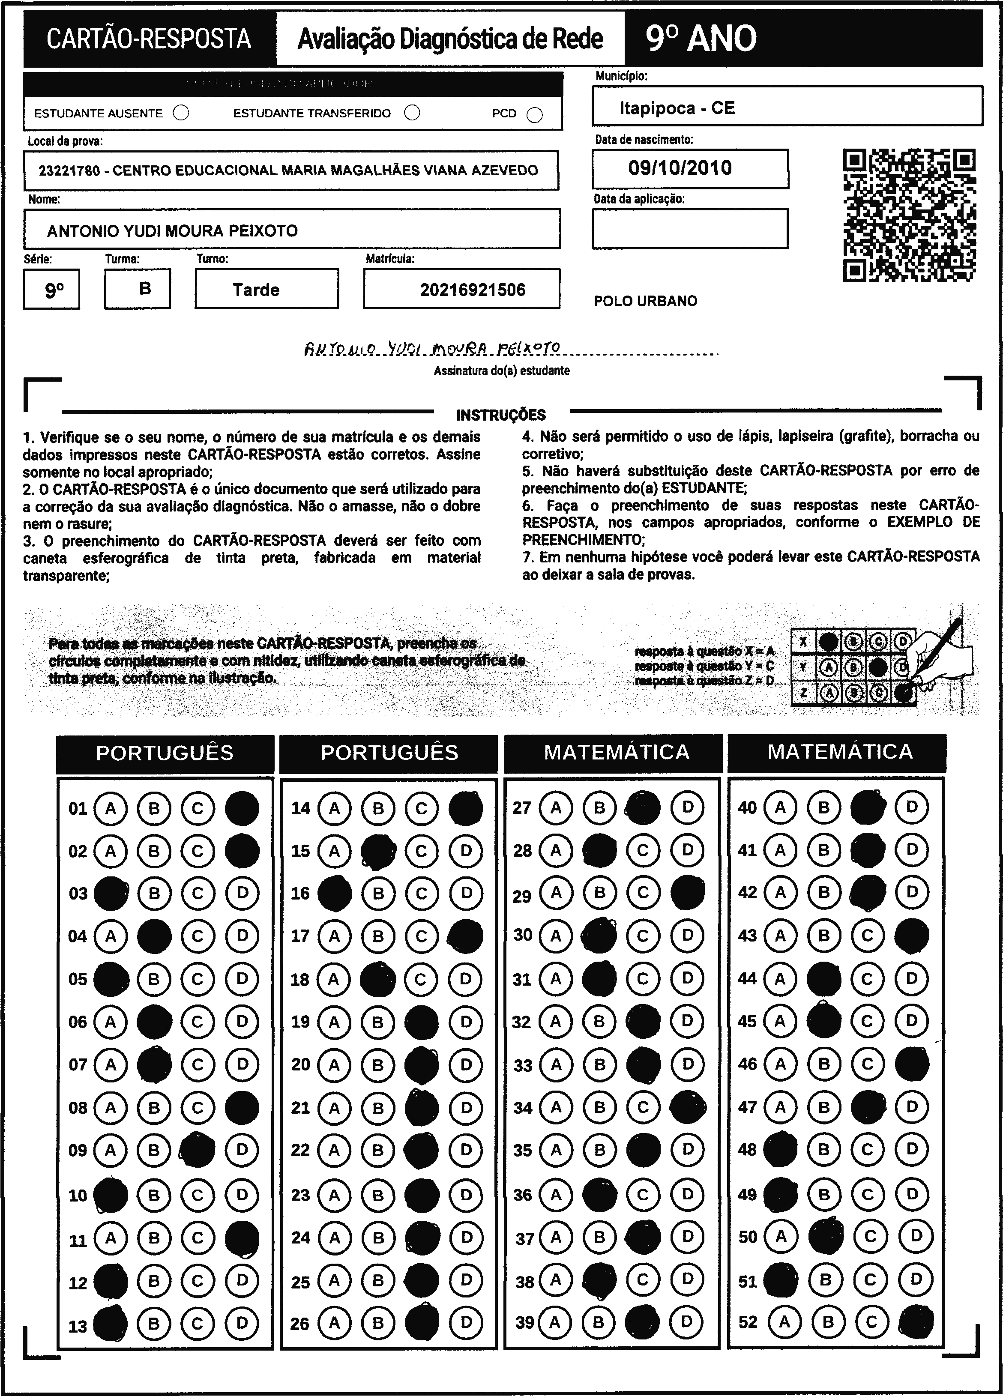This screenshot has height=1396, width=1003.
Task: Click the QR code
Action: click(909, 215)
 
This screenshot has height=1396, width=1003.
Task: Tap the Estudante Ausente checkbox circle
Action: click(181, 113)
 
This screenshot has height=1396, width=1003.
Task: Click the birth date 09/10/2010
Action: click(680, 168)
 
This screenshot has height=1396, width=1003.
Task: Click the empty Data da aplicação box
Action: click(690, 228)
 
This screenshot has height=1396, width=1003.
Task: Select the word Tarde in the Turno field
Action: click(256, 290)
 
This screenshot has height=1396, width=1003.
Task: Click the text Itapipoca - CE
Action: click(677, 108)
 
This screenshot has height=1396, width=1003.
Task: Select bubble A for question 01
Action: click(111, 808)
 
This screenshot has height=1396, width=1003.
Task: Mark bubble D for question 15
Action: click(466, 851)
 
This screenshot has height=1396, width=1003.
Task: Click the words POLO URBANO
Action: click(645, 302)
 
